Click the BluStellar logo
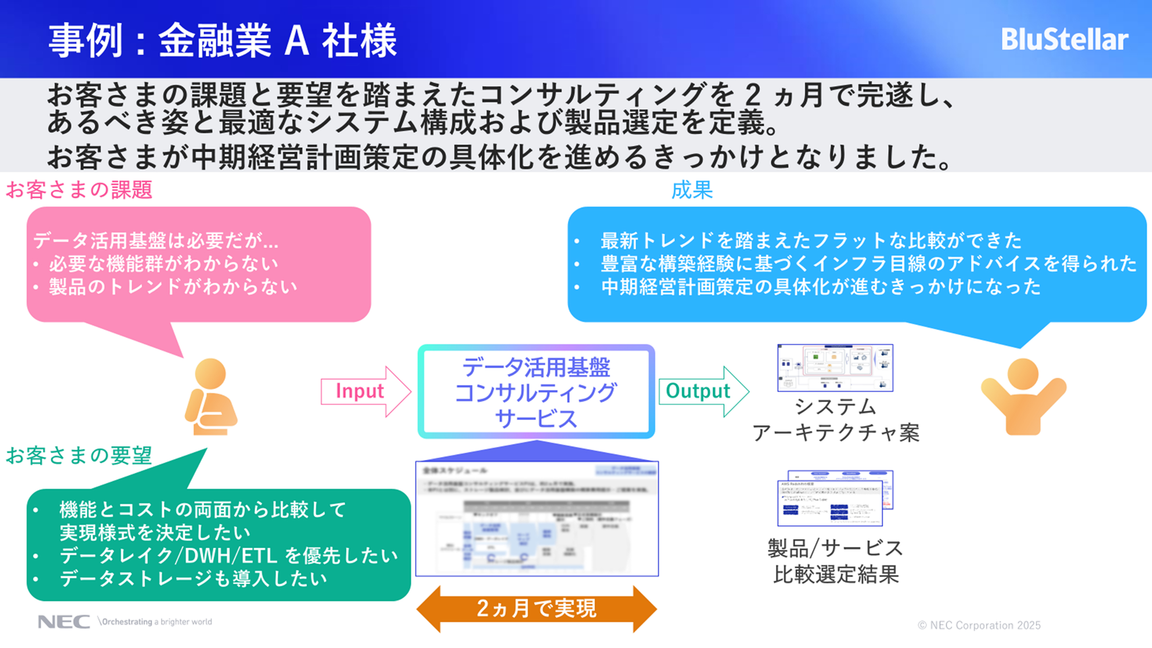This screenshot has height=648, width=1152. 1064,39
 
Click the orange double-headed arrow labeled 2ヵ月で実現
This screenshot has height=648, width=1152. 536,609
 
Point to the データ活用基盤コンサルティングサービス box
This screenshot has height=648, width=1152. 536,392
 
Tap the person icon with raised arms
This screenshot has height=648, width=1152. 1023,396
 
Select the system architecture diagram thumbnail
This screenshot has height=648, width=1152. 835,368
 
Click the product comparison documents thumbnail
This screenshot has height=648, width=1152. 835,498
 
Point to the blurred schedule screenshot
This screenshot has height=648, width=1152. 537,518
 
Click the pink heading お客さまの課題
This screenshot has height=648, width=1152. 79,190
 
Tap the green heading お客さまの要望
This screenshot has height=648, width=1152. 79,456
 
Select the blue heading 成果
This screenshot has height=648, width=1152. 692,190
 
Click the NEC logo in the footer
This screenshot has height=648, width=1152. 64,622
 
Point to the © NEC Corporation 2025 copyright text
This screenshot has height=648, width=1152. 979,625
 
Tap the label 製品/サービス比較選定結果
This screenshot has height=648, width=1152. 836,561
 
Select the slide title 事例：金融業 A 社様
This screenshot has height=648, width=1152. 223,41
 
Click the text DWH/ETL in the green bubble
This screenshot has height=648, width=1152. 231,556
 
